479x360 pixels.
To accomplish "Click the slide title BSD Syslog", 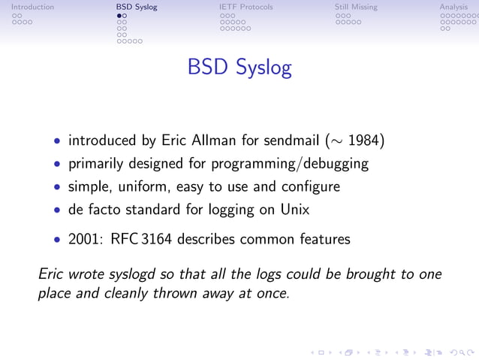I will [x=239, y=68].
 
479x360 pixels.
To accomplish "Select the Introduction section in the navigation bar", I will [x=32, y=8].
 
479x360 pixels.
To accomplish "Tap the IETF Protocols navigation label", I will [x=240, y=8].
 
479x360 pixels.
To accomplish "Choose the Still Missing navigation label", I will [x=356, y=8].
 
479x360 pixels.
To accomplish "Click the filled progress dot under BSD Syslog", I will [x=119, y=15].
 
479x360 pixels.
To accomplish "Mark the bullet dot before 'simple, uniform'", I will [x=58, y=187].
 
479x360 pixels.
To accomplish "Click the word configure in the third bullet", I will [x=309, y=186].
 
